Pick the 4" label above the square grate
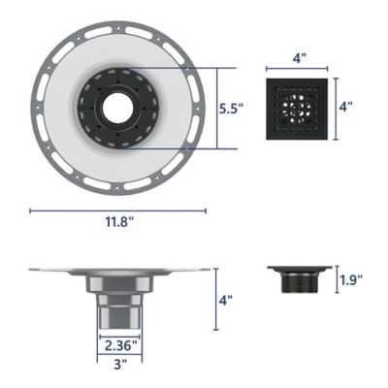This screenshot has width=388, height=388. (300, 60)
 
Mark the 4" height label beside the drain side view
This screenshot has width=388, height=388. (226, 301)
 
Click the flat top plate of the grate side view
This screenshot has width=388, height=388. (300, 270)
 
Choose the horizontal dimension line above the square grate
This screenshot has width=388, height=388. (300, 71)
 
